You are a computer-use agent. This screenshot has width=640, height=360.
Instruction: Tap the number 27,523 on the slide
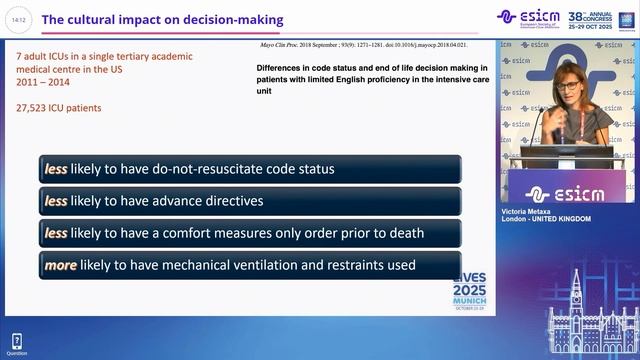[x=37, y=107]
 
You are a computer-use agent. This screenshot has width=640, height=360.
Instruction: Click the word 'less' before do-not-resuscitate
[x=55, y=169]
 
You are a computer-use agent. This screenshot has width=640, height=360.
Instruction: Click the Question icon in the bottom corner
[x=17, y=343]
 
